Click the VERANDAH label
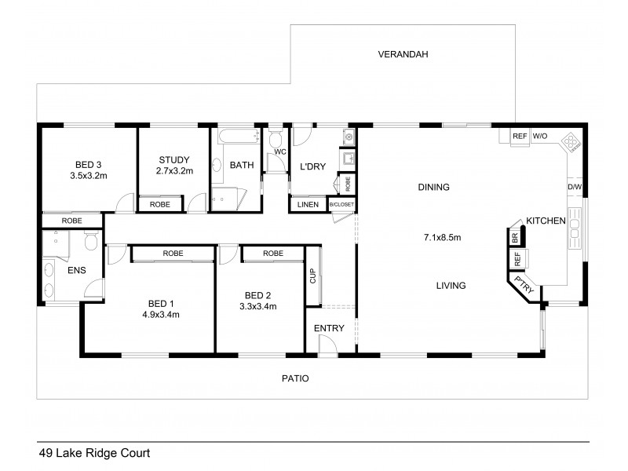[x=403, y=54]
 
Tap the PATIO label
[x=295, y=378]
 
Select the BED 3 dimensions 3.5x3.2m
[x=88, y=176]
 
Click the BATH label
[x=240, y=166]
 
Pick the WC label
[x=278, y=152]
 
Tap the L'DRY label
[x=312, y=166]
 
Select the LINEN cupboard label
[x=307, y=205]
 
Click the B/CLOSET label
[x=341, y=205]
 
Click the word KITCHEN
[x=546, y=221]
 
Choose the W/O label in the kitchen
[x=540, y=137]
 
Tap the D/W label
[x=575, y=188]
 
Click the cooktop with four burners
[x=571, y=142]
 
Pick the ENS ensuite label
[x=76, y=271]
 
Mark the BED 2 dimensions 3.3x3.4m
[x=258, y=307]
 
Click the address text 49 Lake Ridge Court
[x=94, y=453]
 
